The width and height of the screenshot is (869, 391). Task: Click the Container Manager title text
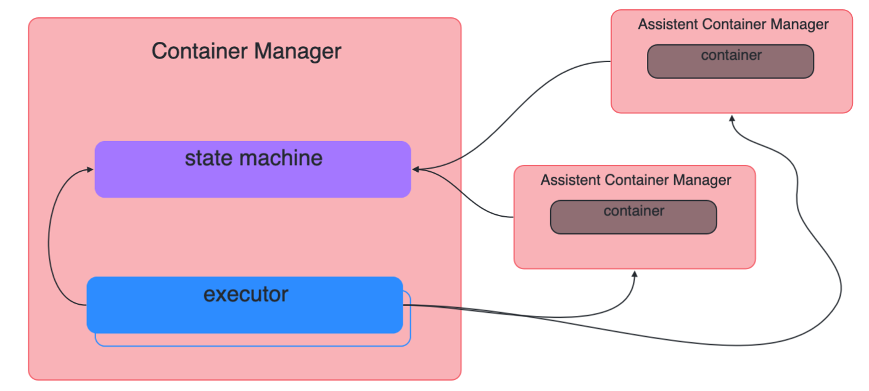(x=246, y=51)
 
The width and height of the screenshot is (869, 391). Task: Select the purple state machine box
(x=252, y=179)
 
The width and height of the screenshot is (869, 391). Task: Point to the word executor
(x=245, y=294)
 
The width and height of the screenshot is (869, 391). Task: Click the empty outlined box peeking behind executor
(x=253, y=340)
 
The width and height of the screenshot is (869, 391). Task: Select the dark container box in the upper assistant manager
(x=730, y=67)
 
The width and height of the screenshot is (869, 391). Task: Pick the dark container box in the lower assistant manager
(x=633, y=222)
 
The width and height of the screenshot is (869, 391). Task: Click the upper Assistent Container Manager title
(x=733, y=25)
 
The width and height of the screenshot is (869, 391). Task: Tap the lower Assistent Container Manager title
(x=635, y=180)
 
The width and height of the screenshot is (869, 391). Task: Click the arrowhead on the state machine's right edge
(x=416, y=169)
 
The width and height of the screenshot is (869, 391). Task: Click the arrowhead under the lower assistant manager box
(x=634, y=274)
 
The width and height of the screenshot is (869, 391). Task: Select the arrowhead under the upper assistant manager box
(x=731, y=118)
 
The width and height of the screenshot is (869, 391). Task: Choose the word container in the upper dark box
(x=731, y=55)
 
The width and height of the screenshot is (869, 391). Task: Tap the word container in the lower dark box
(x=633, y=211)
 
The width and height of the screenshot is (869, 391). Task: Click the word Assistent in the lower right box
(x=570, y=180)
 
